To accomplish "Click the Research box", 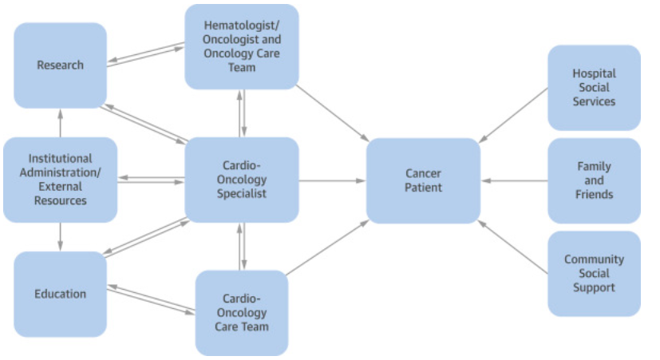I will (60, 65).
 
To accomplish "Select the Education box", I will (60, 294).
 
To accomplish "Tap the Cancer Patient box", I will (423, 180).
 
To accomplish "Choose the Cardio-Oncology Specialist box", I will (241, 180).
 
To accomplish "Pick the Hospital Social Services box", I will (594, 88).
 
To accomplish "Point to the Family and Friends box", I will (594, 180).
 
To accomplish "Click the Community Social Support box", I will (594, 273).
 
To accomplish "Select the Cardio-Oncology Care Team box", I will (241, 313).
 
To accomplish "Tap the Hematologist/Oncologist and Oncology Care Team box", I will (241, 46).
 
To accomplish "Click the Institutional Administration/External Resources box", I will (60, 180).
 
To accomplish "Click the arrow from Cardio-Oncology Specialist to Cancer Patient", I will (332, 180).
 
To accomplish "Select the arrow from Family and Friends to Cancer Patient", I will (514, 180).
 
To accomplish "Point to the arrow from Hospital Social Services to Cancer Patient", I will (514, 115).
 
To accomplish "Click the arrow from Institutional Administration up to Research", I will (60, 123).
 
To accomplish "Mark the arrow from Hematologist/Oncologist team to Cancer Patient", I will (334, 113).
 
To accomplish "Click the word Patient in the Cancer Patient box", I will (423, 188).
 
